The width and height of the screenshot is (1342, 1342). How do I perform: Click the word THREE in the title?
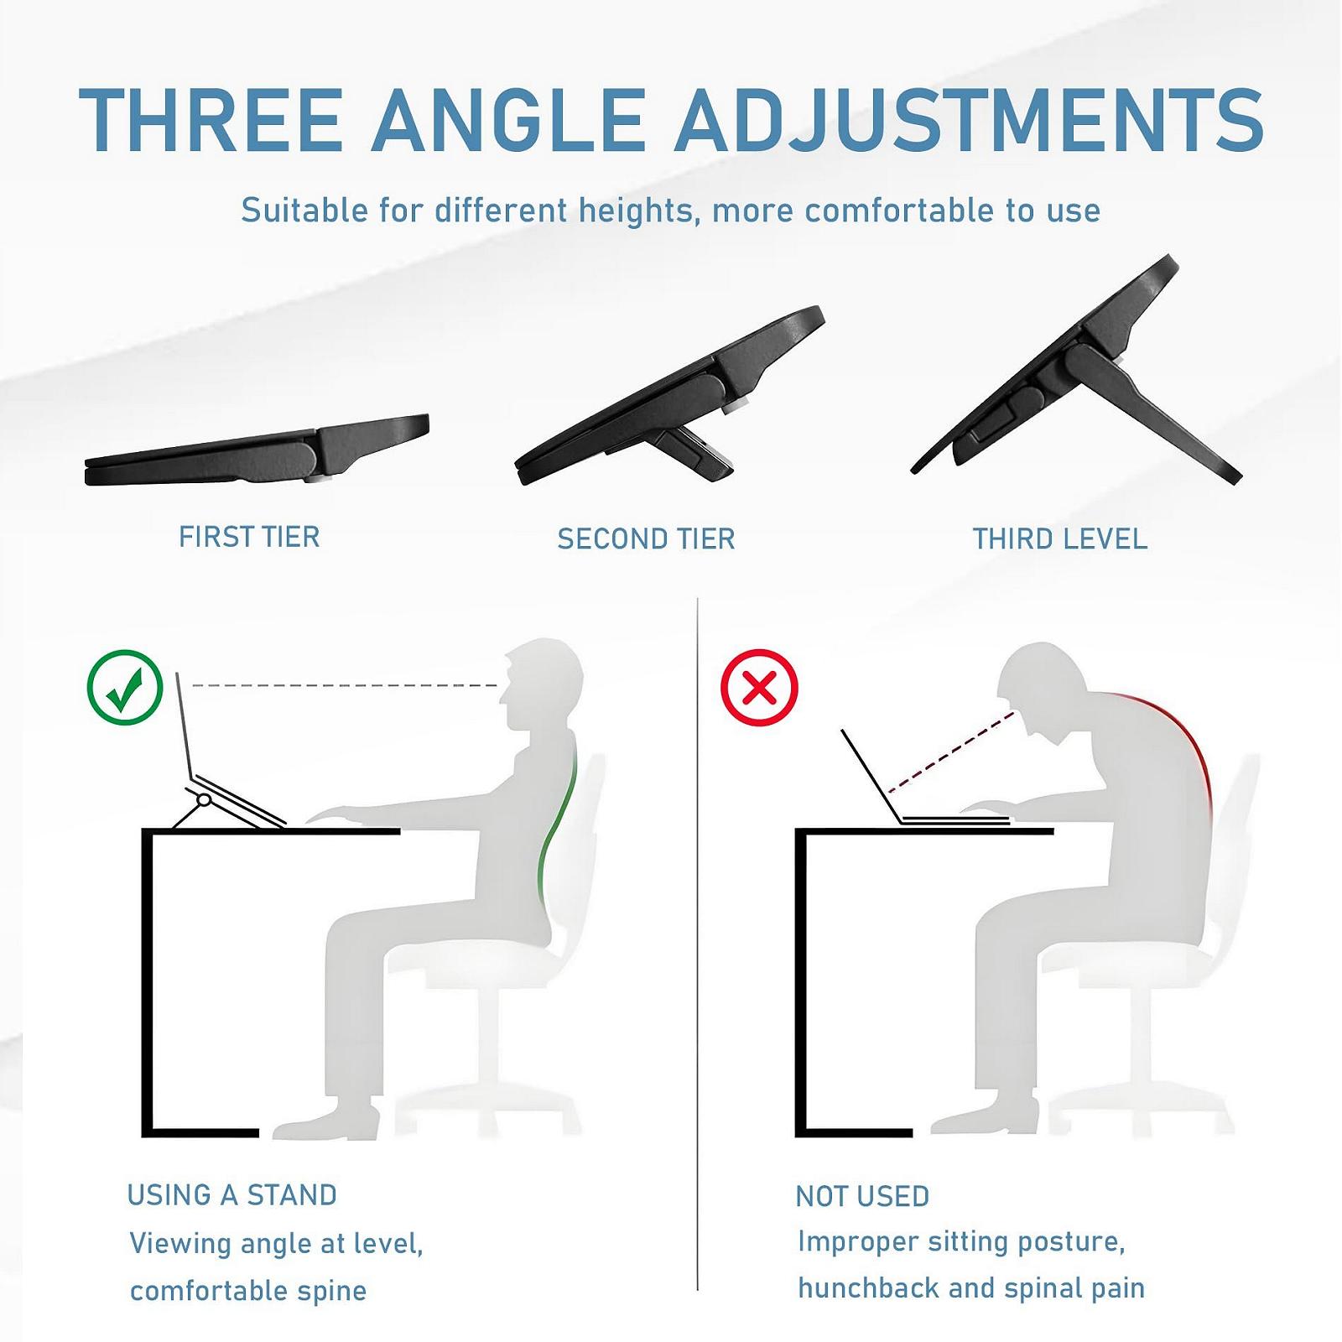211,120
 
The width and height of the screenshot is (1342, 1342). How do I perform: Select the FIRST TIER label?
249,537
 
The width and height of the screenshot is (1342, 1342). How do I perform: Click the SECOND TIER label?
646,538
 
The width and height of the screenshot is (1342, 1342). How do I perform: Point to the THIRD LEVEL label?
1060,538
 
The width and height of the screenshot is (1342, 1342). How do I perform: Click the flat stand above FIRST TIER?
257,450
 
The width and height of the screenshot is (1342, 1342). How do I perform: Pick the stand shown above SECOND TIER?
669,396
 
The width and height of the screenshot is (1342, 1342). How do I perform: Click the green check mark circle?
125,688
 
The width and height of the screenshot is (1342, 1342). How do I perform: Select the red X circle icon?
759,688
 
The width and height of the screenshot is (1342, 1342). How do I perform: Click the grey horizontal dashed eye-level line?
346,686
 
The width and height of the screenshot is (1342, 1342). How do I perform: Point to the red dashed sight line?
952,752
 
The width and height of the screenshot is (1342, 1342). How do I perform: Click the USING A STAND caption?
231,1195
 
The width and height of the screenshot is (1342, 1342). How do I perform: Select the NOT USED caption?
862,1196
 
